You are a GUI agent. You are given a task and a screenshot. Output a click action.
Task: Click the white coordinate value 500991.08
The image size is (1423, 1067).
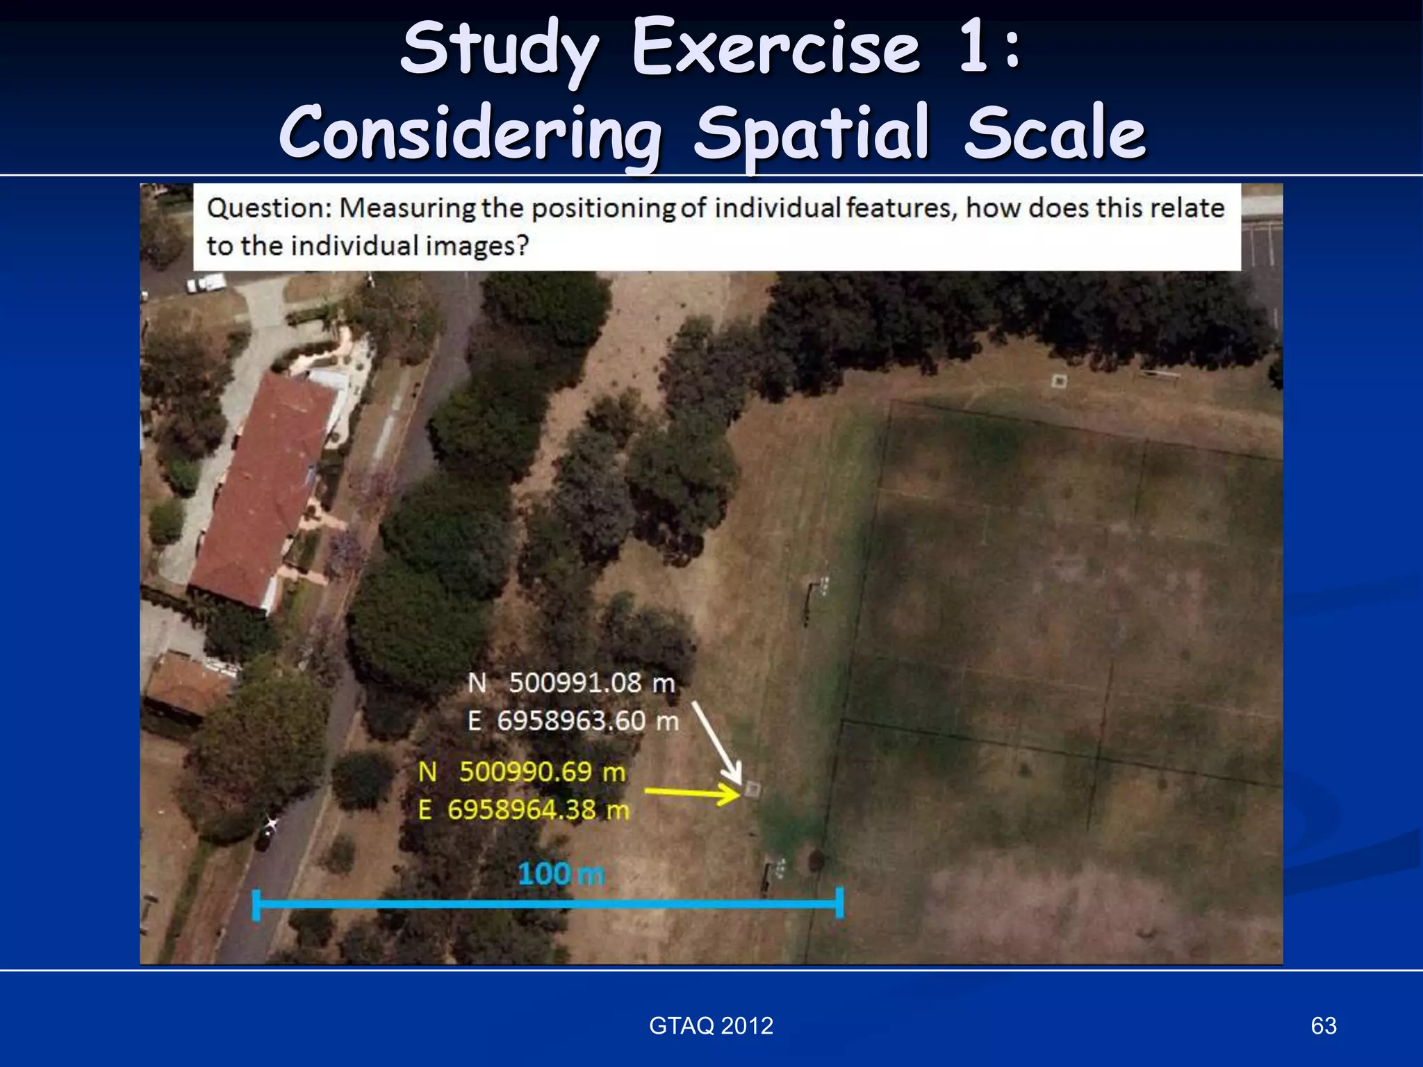click(575, 683)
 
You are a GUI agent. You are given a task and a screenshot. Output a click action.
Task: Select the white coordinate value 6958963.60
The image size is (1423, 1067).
click(571, 721)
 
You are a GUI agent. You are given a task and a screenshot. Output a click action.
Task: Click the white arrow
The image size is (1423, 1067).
click(716, 741)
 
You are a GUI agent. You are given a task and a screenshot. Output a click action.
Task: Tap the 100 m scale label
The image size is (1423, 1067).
click(561, 874)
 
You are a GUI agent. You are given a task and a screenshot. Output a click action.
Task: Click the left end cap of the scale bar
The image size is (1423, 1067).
click(256, 904)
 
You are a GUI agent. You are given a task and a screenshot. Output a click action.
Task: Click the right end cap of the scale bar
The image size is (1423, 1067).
click(839, 903)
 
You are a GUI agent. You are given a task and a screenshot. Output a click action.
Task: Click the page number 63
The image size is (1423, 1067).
click(1323, 1025)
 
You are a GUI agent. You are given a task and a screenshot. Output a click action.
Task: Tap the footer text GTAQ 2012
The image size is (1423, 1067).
click(711, 1025)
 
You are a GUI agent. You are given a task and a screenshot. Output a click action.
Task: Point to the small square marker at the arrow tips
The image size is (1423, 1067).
click(752, 789)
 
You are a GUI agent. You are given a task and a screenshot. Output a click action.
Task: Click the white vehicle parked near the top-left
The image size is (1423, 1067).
click(206, 283)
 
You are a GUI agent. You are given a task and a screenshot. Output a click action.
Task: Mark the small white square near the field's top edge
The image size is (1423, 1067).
click(1058, 381)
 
